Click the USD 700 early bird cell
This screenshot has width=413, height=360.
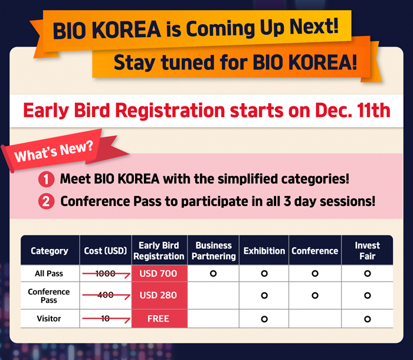(160, 273)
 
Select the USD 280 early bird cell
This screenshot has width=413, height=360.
(160, 296)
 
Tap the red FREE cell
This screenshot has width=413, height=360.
(160, 319)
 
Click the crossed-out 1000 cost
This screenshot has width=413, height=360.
(106, 274)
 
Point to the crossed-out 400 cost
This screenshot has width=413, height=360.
(106, 295)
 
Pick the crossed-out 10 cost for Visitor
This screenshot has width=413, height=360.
(106, 319)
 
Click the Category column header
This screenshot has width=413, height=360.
(50, 251)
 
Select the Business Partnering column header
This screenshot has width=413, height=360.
(214, 251)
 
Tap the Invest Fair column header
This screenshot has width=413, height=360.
(368, 251)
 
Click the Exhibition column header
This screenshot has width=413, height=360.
(264, 251)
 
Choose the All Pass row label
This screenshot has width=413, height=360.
(49, 274)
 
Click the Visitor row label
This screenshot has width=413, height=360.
(49, 319)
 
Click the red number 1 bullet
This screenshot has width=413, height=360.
(47, 179)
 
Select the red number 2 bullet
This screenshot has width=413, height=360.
(47, 202)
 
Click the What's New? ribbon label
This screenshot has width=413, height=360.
(54, 152)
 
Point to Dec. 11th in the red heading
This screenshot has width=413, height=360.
(353, 110)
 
